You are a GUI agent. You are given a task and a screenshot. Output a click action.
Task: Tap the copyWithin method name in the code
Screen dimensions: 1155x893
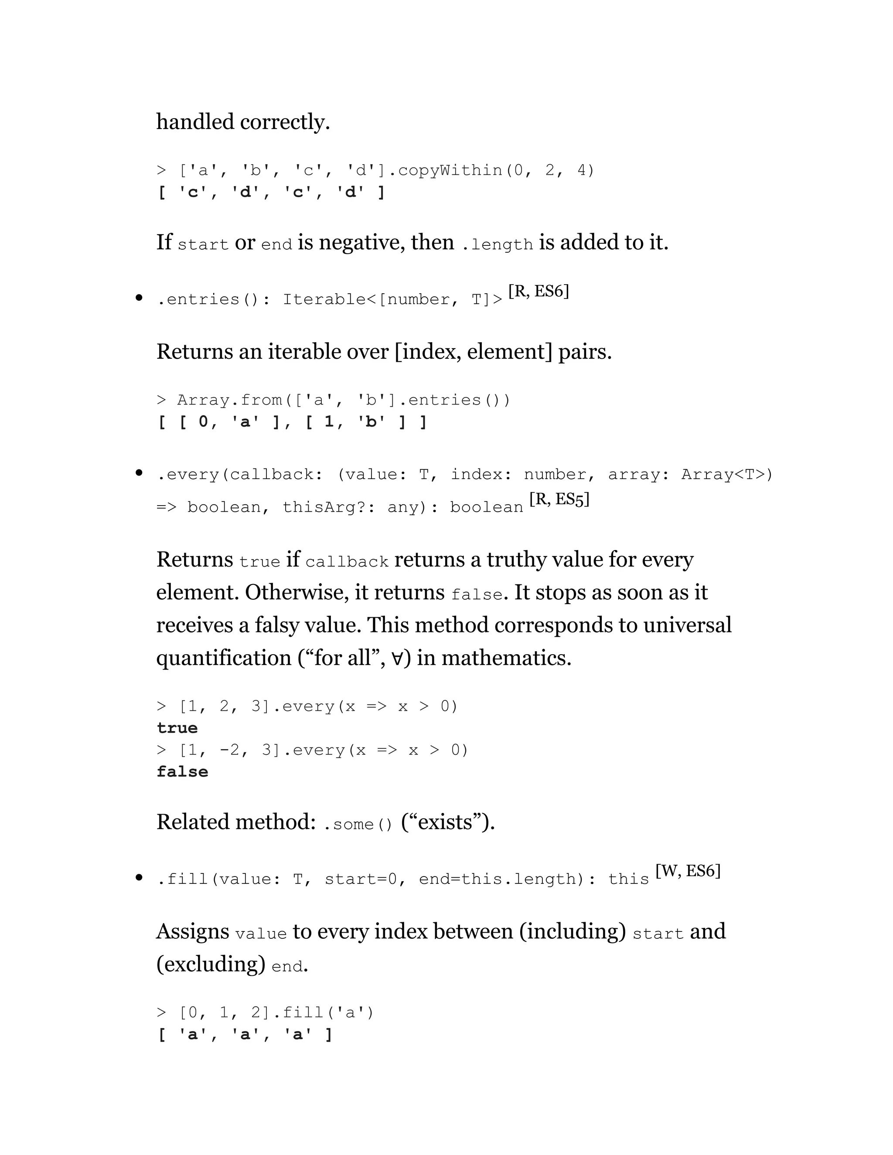pyautogui.click(x=450, y=170)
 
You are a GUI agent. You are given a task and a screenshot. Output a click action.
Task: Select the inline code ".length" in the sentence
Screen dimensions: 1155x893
pyautogui.click(x=497, y=245)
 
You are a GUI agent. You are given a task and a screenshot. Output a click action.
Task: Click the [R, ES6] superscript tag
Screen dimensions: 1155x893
pyautogui.click(x=539, y=292)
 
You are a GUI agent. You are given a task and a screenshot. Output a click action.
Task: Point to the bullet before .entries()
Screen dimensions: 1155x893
pyautogui.click(x=139, y=298)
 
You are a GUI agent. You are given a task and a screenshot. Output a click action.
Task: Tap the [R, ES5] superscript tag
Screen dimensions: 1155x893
pyautogui.click(x=559, y=499)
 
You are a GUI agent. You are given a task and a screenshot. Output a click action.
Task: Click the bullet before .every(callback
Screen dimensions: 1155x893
pyautogui.click(x=139, y=473)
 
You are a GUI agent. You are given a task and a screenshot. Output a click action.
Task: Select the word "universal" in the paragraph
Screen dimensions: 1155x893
pyautogui.click(x=687, y=625)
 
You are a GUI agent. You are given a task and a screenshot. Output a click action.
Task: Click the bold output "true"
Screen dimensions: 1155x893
pyautogui.click(x=177, y=728)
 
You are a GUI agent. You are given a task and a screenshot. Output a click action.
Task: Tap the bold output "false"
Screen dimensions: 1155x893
pyautogui.click(x=183, y=771)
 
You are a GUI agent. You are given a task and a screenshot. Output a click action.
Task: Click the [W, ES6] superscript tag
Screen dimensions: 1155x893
pyautogui.click(x=688, y=871)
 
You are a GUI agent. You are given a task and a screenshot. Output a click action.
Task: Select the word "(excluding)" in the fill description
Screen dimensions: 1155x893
pyautogui.click(x=211, y=964)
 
